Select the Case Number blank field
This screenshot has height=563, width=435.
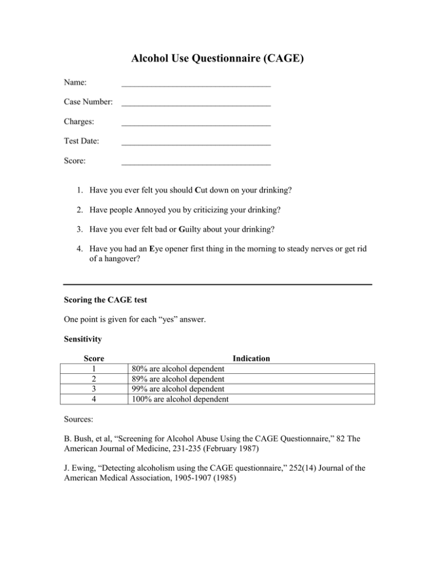[196, 104]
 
